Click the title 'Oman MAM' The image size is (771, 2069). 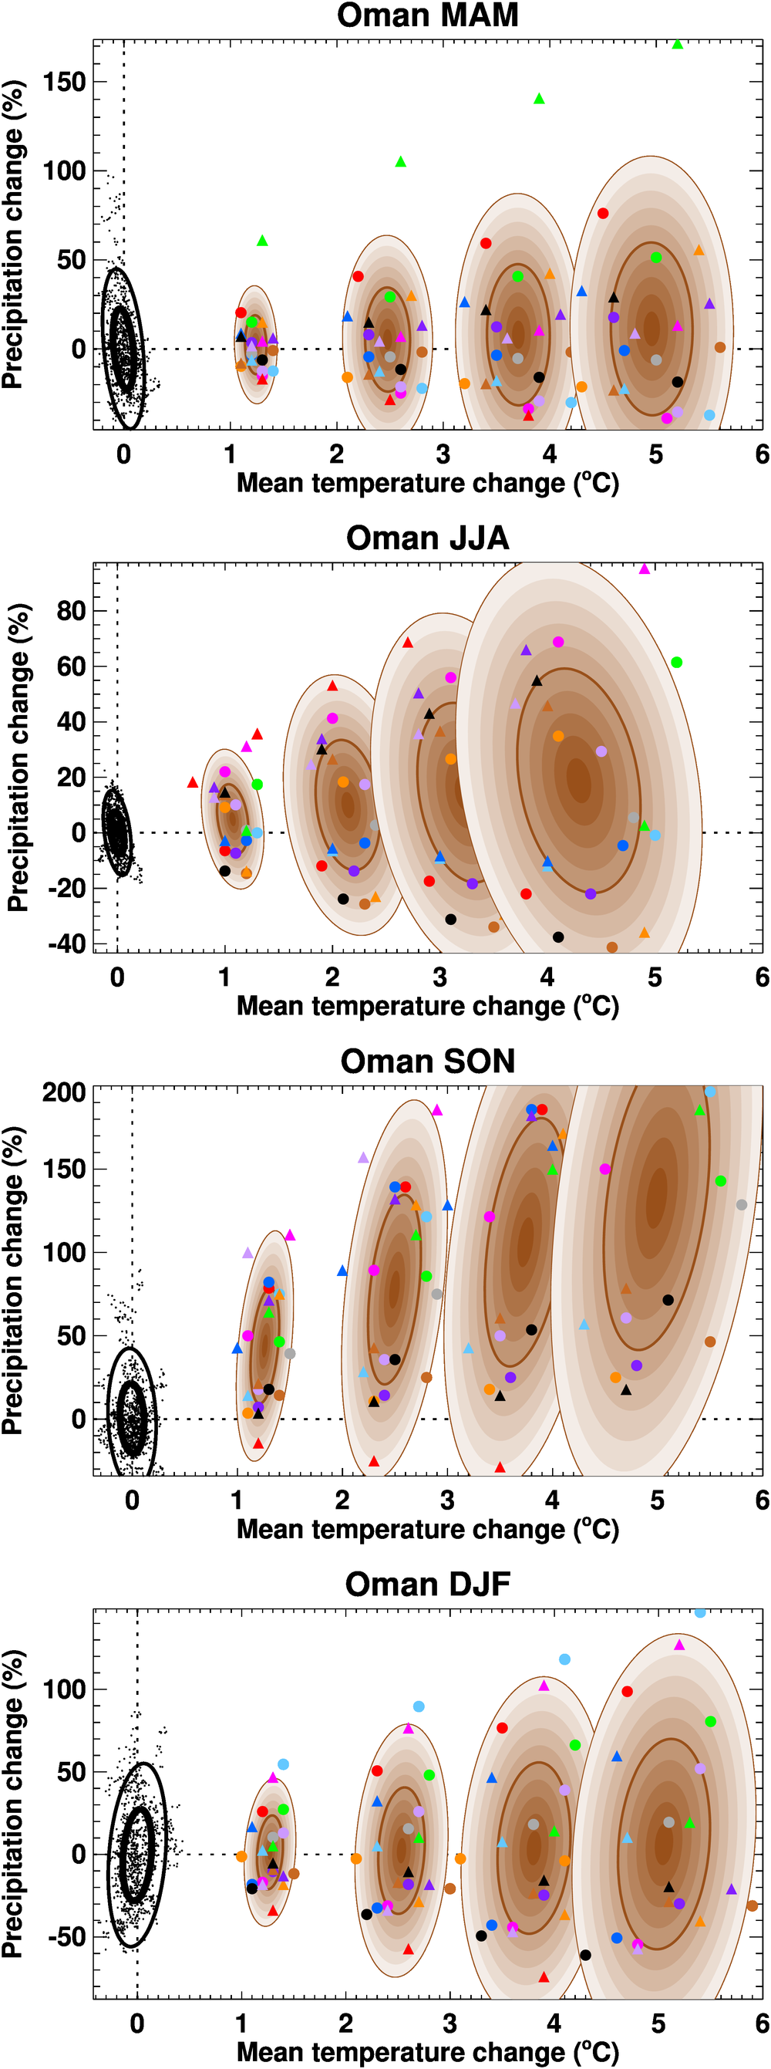pos(427,16)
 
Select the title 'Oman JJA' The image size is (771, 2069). pos(427,538)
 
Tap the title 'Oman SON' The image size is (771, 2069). pos(427,1061)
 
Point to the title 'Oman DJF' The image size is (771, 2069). pos(427,1584)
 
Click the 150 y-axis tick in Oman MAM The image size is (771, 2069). pos(64,82)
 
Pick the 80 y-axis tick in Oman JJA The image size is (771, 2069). pos(71,611)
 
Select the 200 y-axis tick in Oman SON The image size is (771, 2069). pos(64,1092)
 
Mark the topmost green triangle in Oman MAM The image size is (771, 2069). pos(677,44)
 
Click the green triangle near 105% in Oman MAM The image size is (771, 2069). pos(401,162)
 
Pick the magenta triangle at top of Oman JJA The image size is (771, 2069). pos(644,569)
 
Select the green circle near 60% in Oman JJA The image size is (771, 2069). pos(676,663)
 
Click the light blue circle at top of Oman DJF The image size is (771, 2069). pos(700,1612)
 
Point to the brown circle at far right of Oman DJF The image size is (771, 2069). pos(752,1906)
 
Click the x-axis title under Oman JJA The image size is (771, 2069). pos(427,1007)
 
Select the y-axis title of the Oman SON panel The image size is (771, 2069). pos(13,1281)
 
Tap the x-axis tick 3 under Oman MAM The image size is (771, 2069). pos(443,454)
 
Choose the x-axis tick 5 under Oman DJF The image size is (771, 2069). pos(658,2023)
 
